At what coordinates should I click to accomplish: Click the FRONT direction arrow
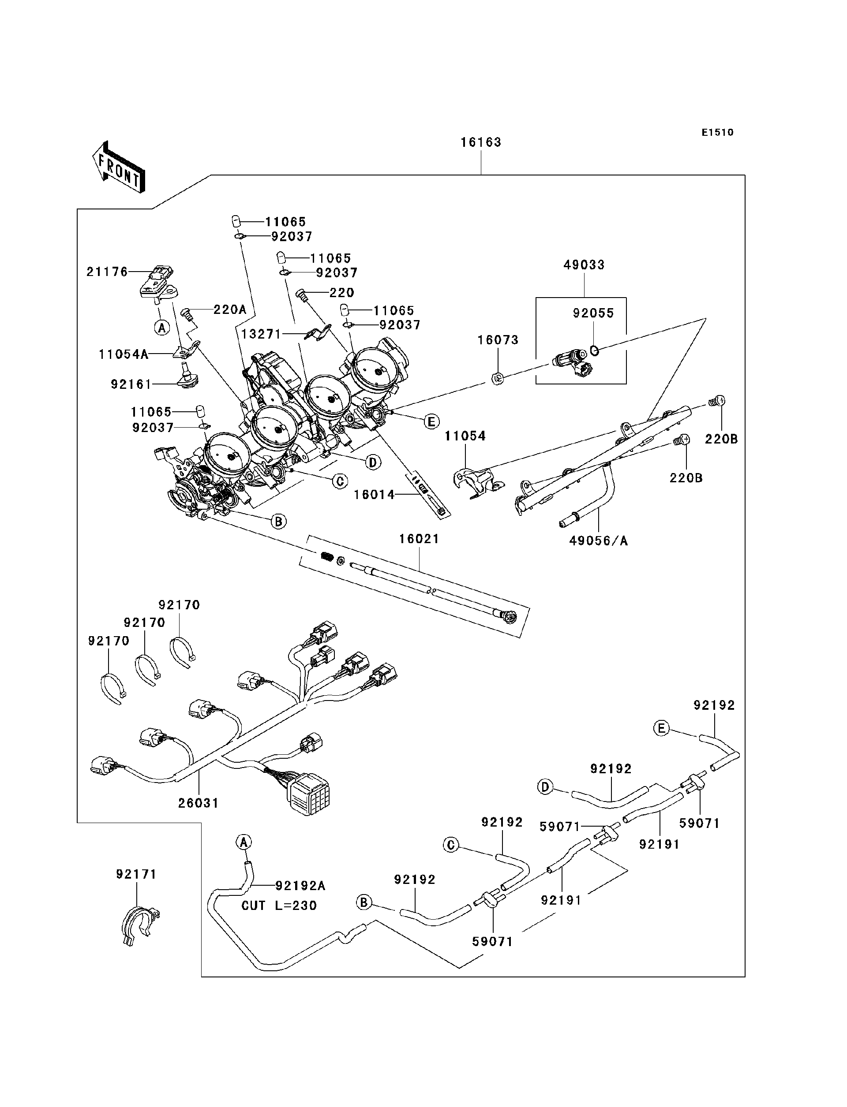tap(119, 167)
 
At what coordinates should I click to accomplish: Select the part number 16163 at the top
tap(480, 142)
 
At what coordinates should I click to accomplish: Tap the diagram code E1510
tap(717, 133)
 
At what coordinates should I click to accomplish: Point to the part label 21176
tap(107, 272)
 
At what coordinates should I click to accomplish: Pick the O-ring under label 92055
tap(594, 350)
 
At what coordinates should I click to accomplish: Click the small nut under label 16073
tap(497, 378)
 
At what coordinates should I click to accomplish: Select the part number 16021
tap(419, 539)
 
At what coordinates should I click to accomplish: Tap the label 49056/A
tap(599, 541)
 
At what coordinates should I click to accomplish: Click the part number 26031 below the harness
tap(198, 803)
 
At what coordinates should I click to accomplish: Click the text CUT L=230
tap(279, 906)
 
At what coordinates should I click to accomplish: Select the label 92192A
tap(300, 886)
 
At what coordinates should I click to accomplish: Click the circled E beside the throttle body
tap(431, 422)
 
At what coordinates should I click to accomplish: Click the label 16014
tap(374, 495)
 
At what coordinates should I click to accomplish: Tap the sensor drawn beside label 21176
tap(157, 285)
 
